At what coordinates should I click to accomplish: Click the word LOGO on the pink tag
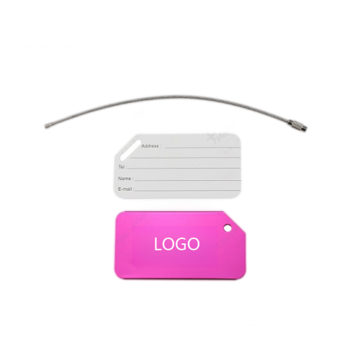(176, 244)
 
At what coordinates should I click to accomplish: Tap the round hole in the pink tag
(228, 228)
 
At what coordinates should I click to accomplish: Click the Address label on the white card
(151, 146)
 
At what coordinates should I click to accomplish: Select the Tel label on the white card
(122, 167)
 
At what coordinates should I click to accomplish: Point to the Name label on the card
(126, 179)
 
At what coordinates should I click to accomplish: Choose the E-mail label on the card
(126, 189)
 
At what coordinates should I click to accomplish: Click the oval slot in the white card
(130, 150)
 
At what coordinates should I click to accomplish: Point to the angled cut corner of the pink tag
(235, 222)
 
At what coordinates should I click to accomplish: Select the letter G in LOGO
(181, 244)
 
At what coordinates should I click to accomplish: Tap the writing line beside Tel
(184, 168)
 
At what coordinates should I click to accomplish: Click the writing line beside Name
(187, 180)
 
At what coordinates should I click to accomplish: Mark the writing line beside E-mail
(187, 191)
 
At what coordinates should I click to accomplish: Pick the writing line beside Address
(202, 148)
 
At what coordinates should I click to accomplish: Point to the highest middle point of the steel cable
(175, 97)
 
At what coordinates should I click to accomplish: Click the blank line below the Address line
(185, 158)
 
